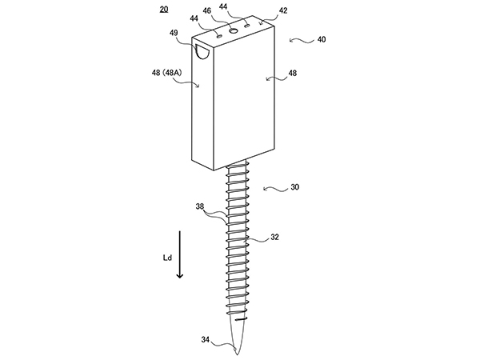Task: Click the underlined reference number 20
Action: coord(164,10)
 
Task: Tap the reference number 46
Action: coord(207,10)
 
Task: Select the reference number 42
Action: coord(283,10)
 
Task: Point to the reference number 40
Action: coord(322,39)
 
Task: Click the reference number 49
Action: coord(174,33)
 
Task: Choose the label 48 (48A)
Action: coord(167,73)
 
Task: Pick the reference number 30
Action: coord(294,187)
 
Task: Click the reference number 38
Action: coord(199,206)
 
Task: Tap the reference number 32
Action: coord(274,238)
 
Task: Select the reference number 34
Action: coord(206,339)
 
